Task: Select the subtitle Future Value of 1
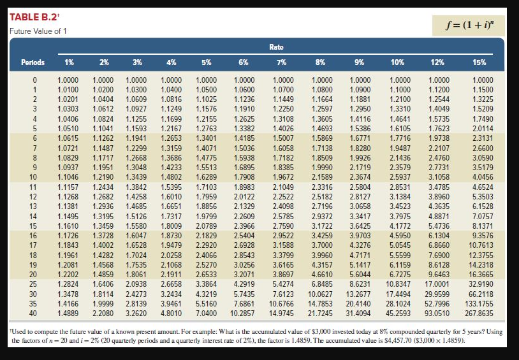pos(38,31)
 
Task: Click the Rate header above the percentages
pos(276,47)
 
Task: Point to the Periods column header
pos(33,62)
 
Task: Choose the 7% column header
pos(281,62)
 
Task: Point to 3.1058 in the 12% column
pos(440,176)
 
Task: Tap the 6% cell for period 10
pos(243,176)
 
